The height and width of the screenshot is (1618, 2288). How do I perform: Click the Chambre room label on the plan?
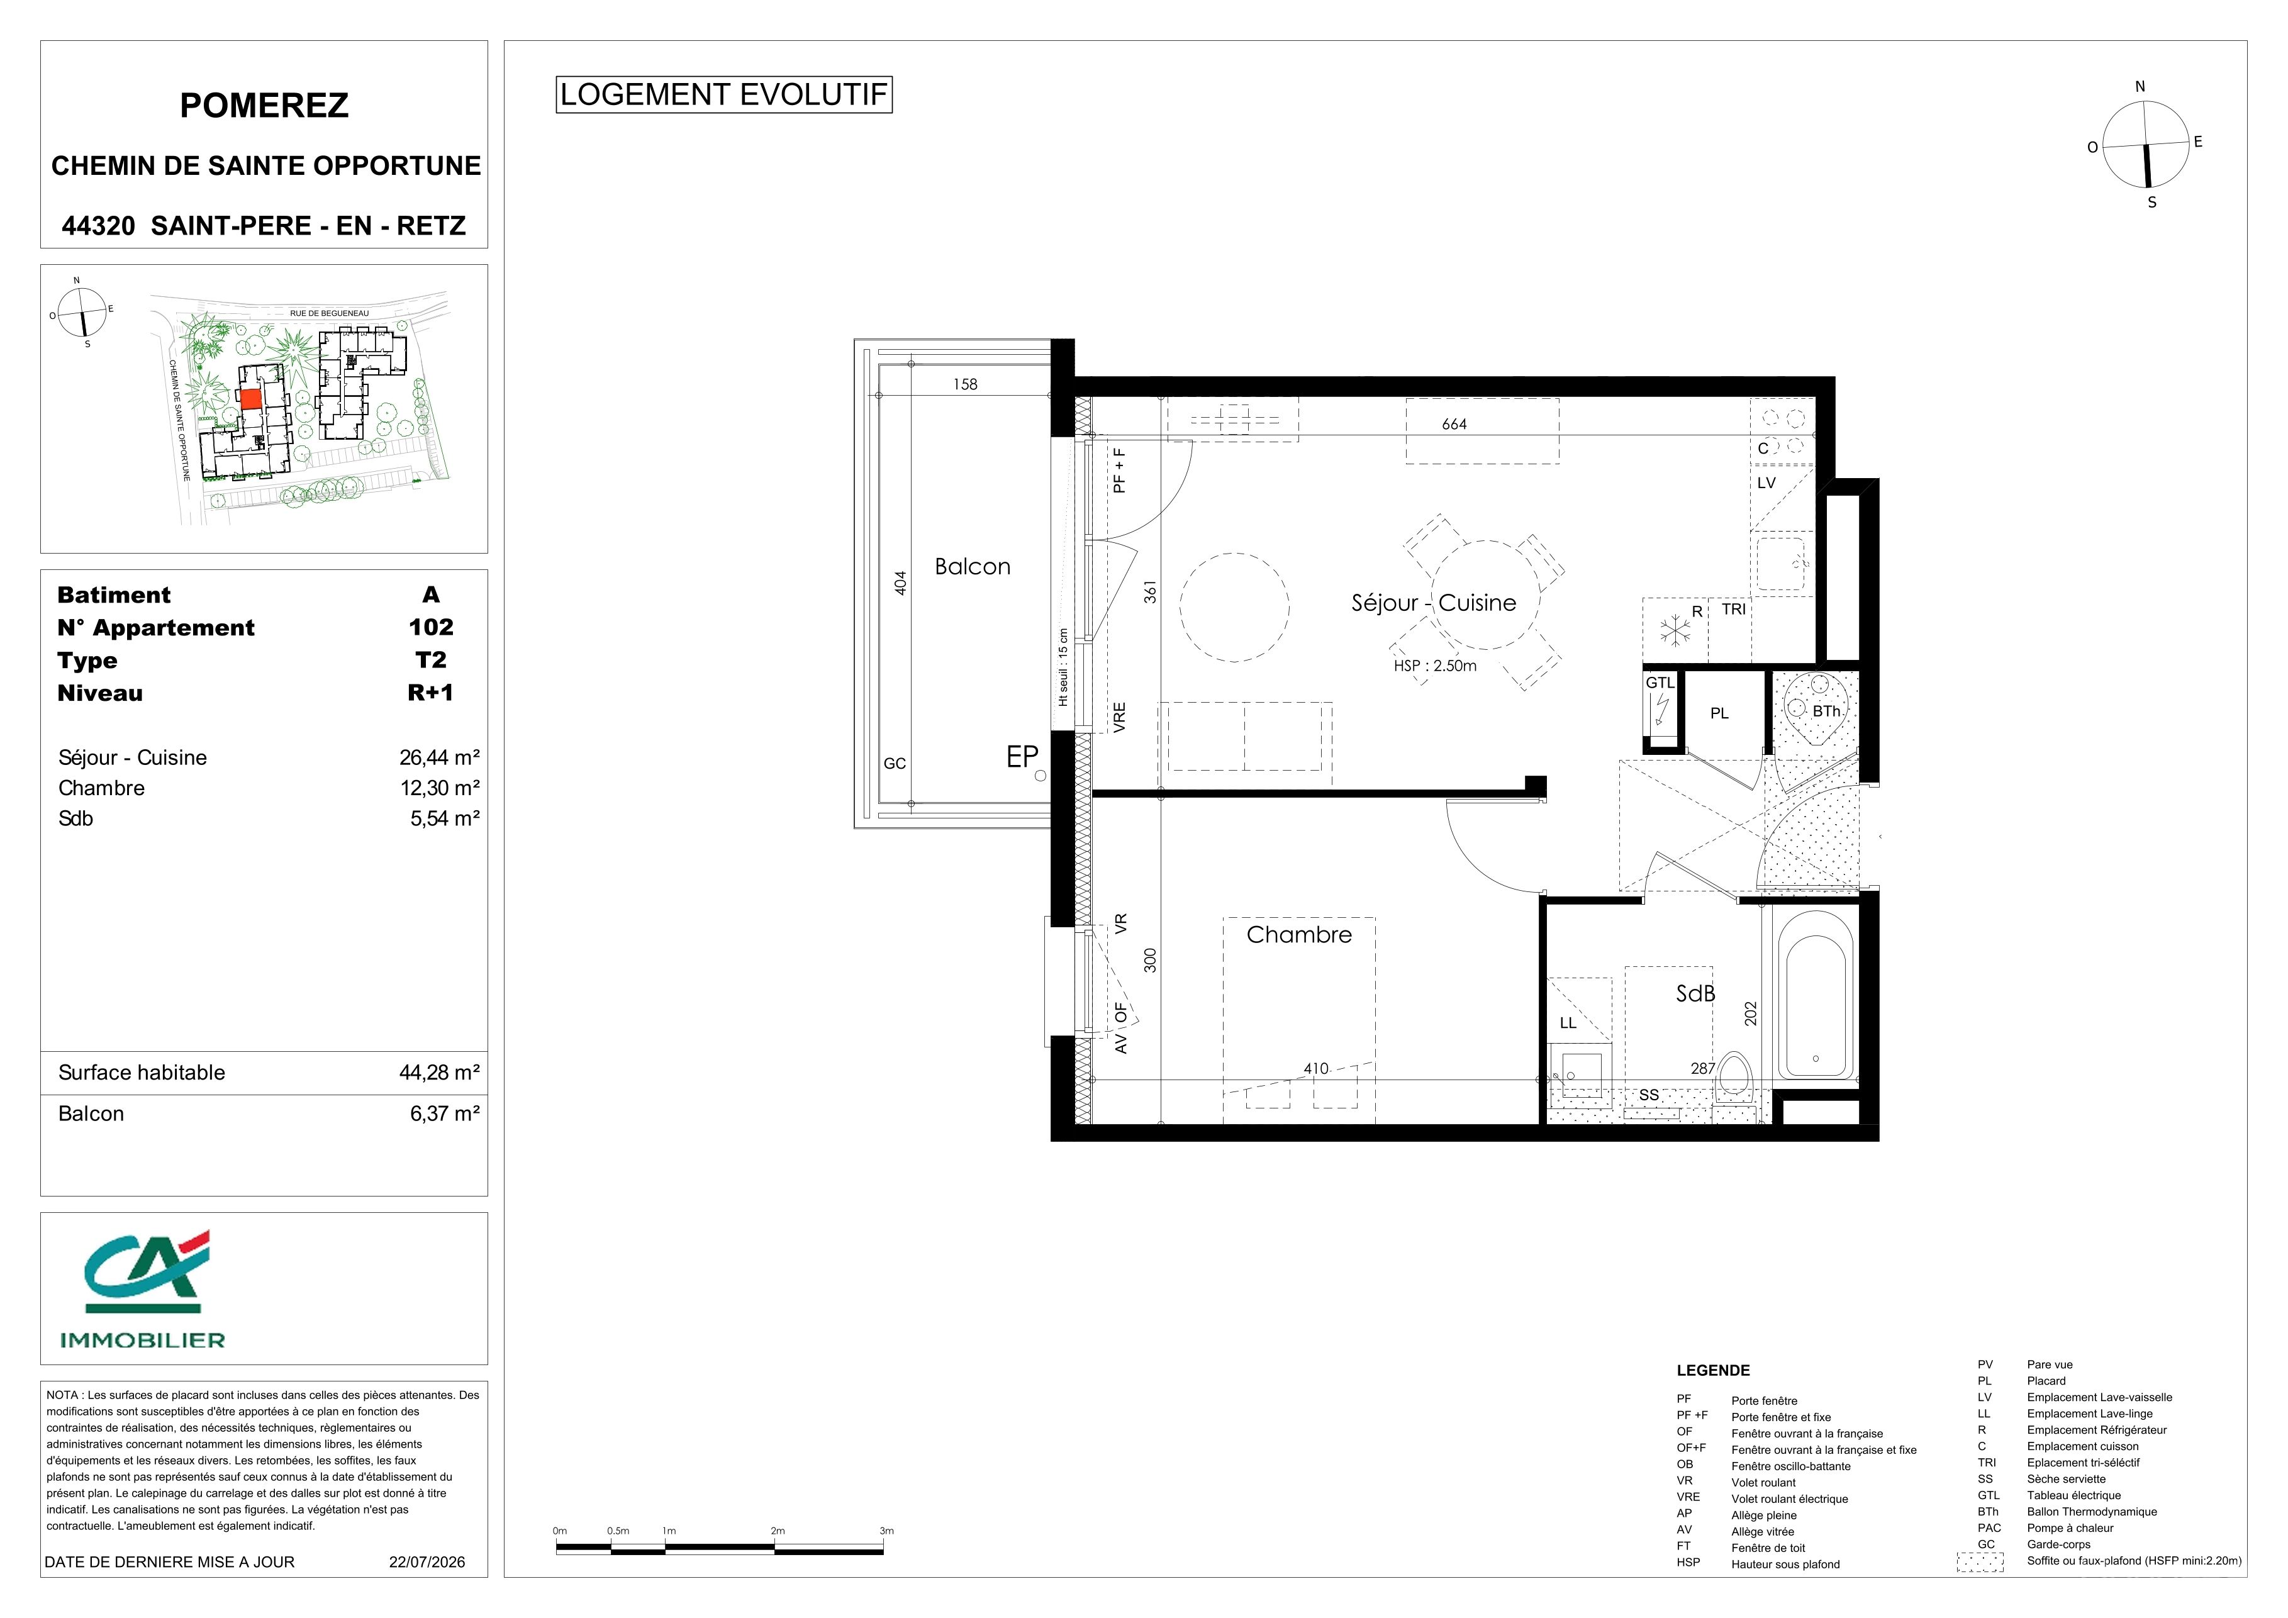pyautogui.click(x=1298, y=935)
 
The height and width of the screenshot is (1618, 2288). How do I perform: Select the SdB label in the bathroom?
pyautogui.click(x=1695, y=993)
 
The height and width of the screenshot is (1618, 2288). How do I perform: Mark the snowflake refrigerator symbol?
pyautogui.click(x=1675, y=630)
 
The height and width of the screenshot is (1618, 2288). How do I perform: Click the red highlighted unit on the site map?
pyautogui.click(x=250, y=398)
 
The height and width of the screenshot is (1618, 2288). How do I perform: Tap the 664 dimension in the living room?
pyautogui.click(x=1454, y=425)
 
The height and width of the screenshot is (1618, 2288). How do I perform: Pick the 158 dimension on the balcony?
pyautogui.click(x=964, y=384)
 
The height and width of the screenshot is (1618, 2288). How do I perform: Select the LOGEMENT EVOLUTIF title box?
pyautogui.click(x=723, y=94)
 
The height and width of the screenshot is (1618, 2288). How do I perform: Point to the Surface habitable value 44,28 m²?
pyautogui.click(x=440, y=1072)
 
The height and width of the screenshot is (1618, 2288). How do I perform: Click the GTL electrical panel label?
pyautogui.click(x=1660, y=683)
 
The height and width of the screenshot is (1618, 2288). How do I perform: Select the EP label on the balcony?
pyautogui.click(x=1022, y=757)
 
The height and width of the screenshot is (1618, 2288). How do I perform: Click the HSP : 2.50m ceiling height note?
pyautogui.click(x=1435, y=666)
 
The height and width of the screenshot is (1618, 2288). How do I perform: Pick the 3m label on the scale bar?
pyautogui.click(x=886, y=1531)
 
